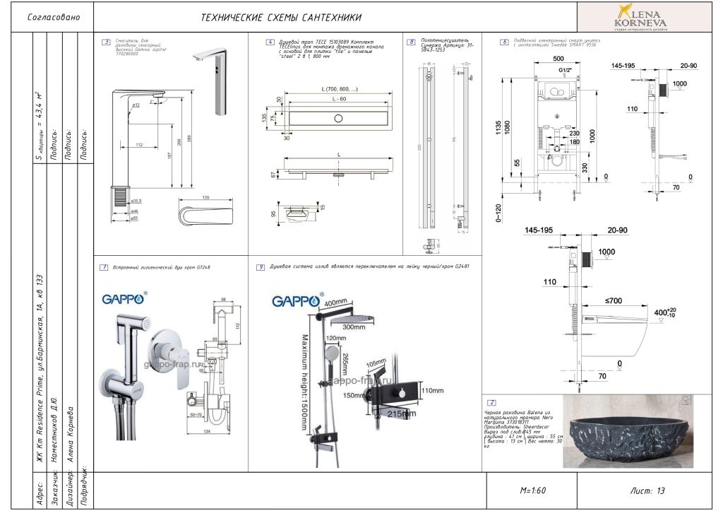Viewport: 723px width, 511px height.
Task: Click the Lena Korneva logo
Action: [x=641, y=17]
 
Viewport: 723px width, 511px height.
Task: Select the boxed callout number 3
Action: [x=106, y=42]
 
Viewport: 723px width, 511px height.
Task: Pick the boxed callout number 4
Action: [x=270, y=42]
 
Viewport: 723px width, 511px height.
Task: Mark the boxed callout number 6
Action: [x=504, y=42]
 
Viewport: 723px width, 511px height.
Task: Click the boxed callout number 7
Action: [x=104, y=267]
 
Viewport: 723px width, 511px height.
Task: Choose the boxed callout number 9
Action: [x=261, y=267]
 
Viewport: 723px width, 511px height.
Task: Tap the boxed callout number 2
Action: [x=492, y=402]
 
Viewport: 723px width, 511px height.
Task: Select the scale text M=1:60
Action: [x=534, y=490]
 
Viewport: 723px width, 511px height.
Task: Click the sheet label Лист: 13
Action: [x=647, y=490]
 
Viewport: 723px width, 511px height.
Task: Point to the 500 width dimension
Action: [x=558, y=58]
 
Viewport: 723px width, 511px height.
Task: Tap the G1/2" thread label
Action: [x=560, y=71]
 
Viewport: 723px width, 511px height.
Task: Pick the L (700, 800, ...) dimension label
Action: [x=340, y=89]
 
